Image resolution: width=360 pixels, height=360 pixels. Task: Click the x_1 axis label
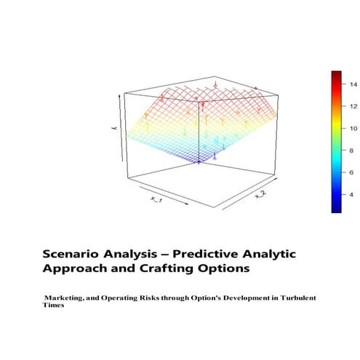coord(156,199)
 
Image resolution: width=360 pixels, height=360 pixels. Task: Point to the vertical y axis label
coord(111,129)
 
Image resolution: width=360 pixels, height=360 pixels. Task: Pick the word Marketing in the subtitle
coord(69,298)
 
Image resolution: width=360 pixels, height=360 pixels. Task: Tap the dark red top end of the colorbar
coord(336,74)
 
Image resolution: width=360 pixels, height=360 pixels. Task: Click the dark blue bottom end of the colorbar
coord(336,209)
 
